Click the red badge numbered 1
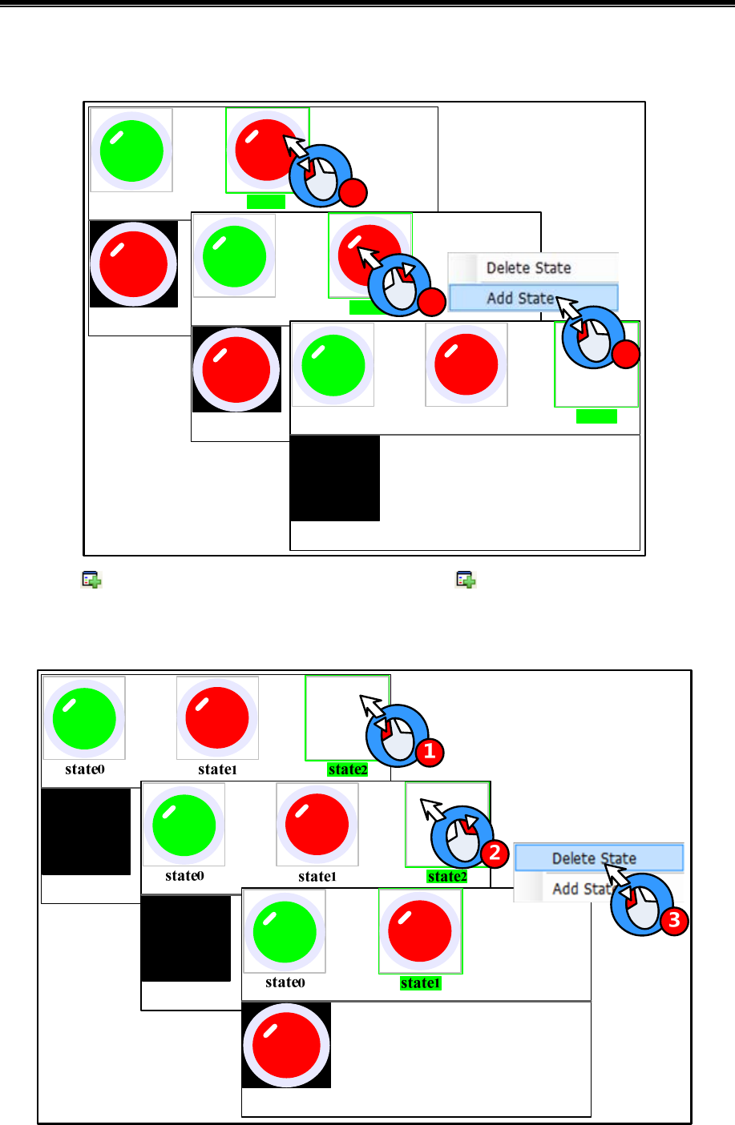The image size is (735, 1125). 429,751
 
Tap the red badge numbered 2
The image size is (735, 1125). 495,853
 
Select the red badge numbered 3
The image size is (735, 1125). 674,920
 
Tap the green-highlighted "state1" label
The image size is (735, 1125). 420,983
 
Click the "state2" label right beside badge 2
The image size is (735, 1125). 446,877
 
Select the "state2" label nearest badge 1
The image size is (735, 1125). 348,769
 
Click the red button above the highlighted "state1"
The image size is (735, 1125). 420,932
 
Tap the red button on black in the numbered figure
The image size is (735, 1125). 286,1045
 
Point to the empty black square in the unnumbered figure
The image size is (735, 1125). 335,478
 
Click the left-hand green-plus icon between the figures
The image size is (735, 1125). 91,580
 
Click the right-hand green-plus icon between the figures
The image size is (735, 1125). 466,580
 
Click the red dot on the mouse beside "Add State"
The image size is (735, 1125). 626,354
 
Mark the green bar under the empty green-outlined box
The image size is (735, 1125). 596,416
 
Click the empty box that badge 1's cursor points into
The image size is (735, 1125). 337,717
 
